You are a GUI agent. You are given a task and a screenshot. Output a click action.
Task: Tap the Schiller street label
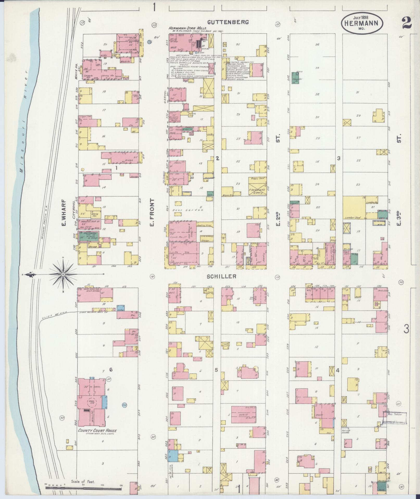[x=221, y=276]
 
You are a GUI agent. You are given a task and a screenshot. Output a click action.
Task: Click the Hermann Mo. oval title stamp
[x=362, y=23]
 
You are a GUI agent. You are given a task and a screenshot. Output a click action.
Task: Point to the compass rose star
[x=63, y=274]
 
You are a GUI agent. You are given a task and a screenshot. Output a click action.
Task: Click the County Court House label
[x=97, y=430]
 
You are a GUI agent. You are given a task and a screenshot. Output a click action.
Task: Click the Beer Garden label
[x=189, y=210]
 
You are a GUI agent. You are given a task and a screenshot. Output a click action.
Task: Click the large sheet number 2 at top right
[x=406, y=23]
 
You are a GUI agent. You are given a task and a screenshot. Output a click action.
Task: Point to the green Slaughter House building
[x=295, y=78]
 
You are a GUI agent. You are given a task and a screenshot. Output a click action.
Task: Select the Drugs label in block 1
[x=129, y=160]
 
